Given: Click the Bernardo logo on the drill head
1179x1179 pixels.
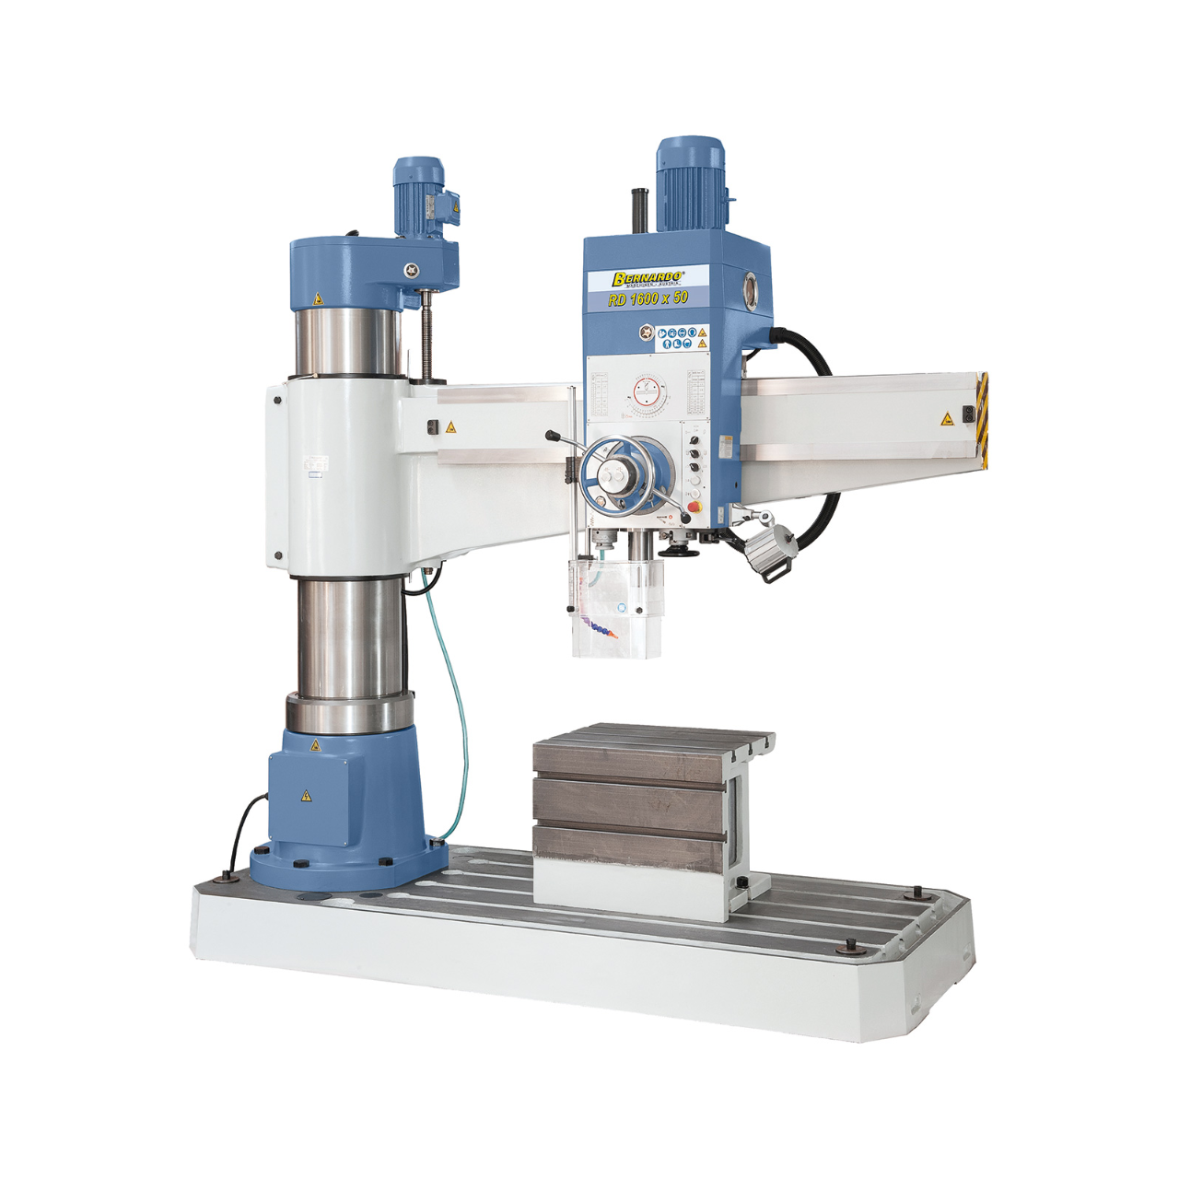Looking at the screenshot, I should tap(648, 277).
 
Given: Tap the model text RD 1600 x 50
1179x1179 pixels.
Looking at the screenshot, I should tap(648, 298).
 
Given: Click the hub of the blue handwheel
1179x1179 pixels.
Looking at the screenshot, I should tap(614, 475).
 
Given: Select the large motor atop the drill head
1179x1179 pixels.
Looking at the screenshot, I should tap(690, 184).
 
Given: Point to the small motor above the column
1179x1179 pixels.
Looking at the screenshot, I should tap(421, 197).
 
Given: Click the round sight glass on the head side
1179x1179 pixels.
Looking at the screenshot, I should tap(754, 288).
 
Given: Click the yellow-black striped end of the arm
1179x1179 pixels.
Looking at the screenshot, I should tap(982, 419).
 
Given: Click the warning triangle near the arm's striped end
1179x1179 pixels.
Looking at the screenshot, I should tap(947, 419).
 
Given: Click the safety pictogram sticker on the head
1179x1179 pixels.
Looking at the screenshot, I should tap(683, 338).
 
